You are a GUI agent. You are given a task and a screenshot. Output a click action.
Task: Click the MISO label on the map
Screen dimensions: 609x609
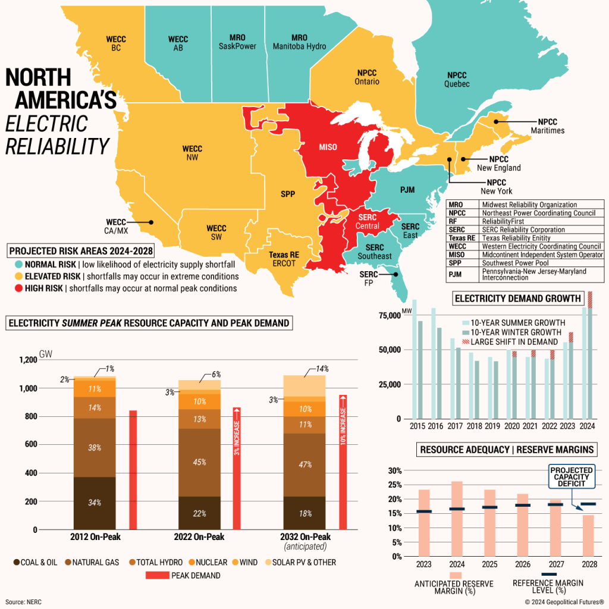tap(328, 147)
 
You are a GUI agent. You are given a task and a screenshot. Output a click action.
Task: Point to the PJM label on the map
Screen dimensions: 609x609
tap(407, 190)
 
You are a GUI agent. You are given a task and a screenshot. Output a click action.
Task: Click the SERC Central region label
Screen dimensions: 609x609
tap(367, 222)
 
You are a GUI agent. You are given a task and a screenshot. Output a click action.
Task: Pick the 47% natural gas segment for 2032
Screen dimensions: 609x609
tap(304, 464)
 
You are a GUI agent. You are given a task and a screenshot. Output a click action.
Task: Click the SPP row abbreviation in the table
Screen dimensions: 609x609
tap(455, 263)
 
